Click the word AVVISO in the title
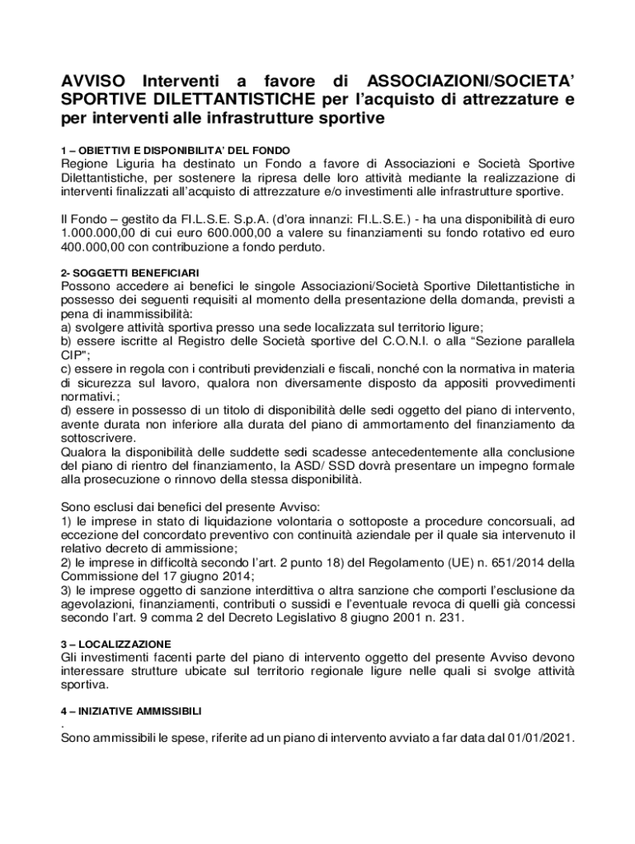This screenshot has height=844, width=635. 94,82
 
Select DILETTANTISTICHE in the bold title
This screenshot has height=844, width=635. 237,100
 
